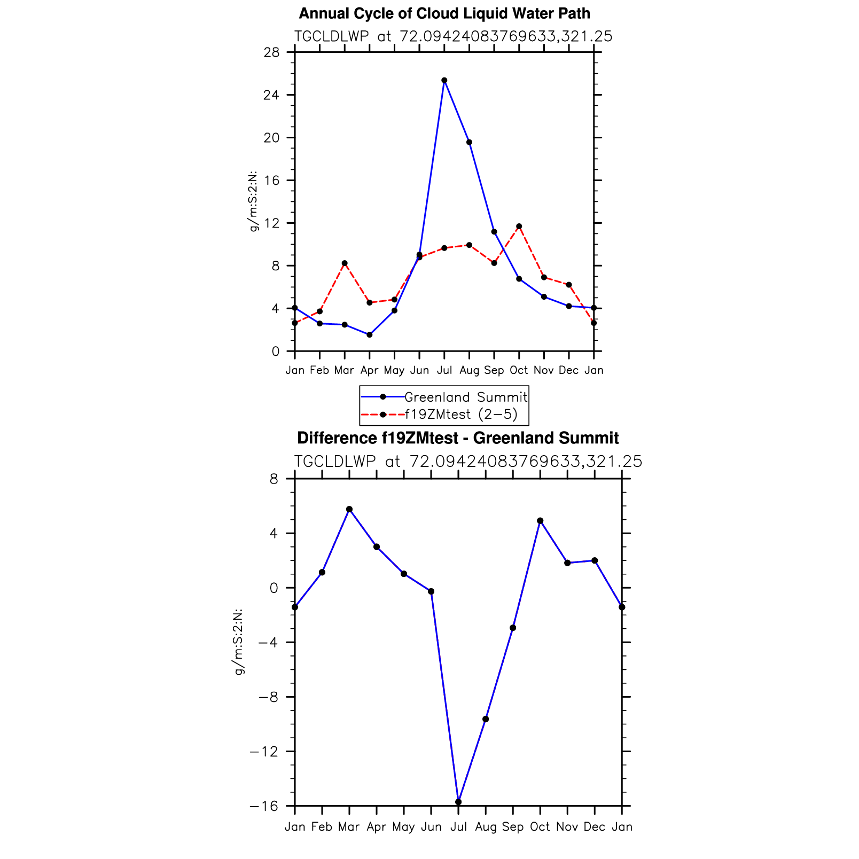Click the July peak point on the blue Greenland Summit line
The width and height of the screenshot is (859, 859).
click(x=444, y=80)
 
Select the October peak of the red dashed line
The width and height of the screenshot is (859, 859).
click(x=519, y=227)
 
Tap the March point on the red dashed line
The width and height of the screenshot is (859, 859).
click(x=345, y=263)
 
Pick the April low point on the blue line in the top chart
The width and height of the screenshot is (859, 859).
click(x=369, y=335)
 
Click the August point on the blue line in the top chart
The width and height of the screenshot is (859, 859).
click(x=469, y=142)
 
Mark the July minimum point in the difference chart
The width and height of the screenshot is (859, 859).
click(x=458, y=802)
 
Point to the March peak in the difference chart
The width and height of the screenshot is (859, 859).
click(x=349, y=509)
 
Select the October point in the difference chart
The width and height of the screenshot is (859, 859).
click(x=540, y=521)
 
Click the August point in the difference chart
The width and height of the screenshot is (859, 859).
click(x=486, y=719)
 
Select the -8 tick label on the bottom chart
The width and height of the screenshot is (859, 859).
click(x=268, y=697)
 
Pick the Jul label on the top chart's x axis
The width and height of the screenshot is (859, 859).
click(x=444, y=370)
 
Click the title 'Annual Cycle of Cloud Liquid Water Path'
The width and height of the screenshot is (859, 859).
click(x=444, y=13)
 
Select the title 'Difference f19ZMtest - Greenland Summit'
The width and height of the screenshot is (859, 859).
click(x=458, y=438)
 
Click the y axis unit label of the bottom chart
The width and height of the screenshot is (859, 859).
click(x=239, y=641)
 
